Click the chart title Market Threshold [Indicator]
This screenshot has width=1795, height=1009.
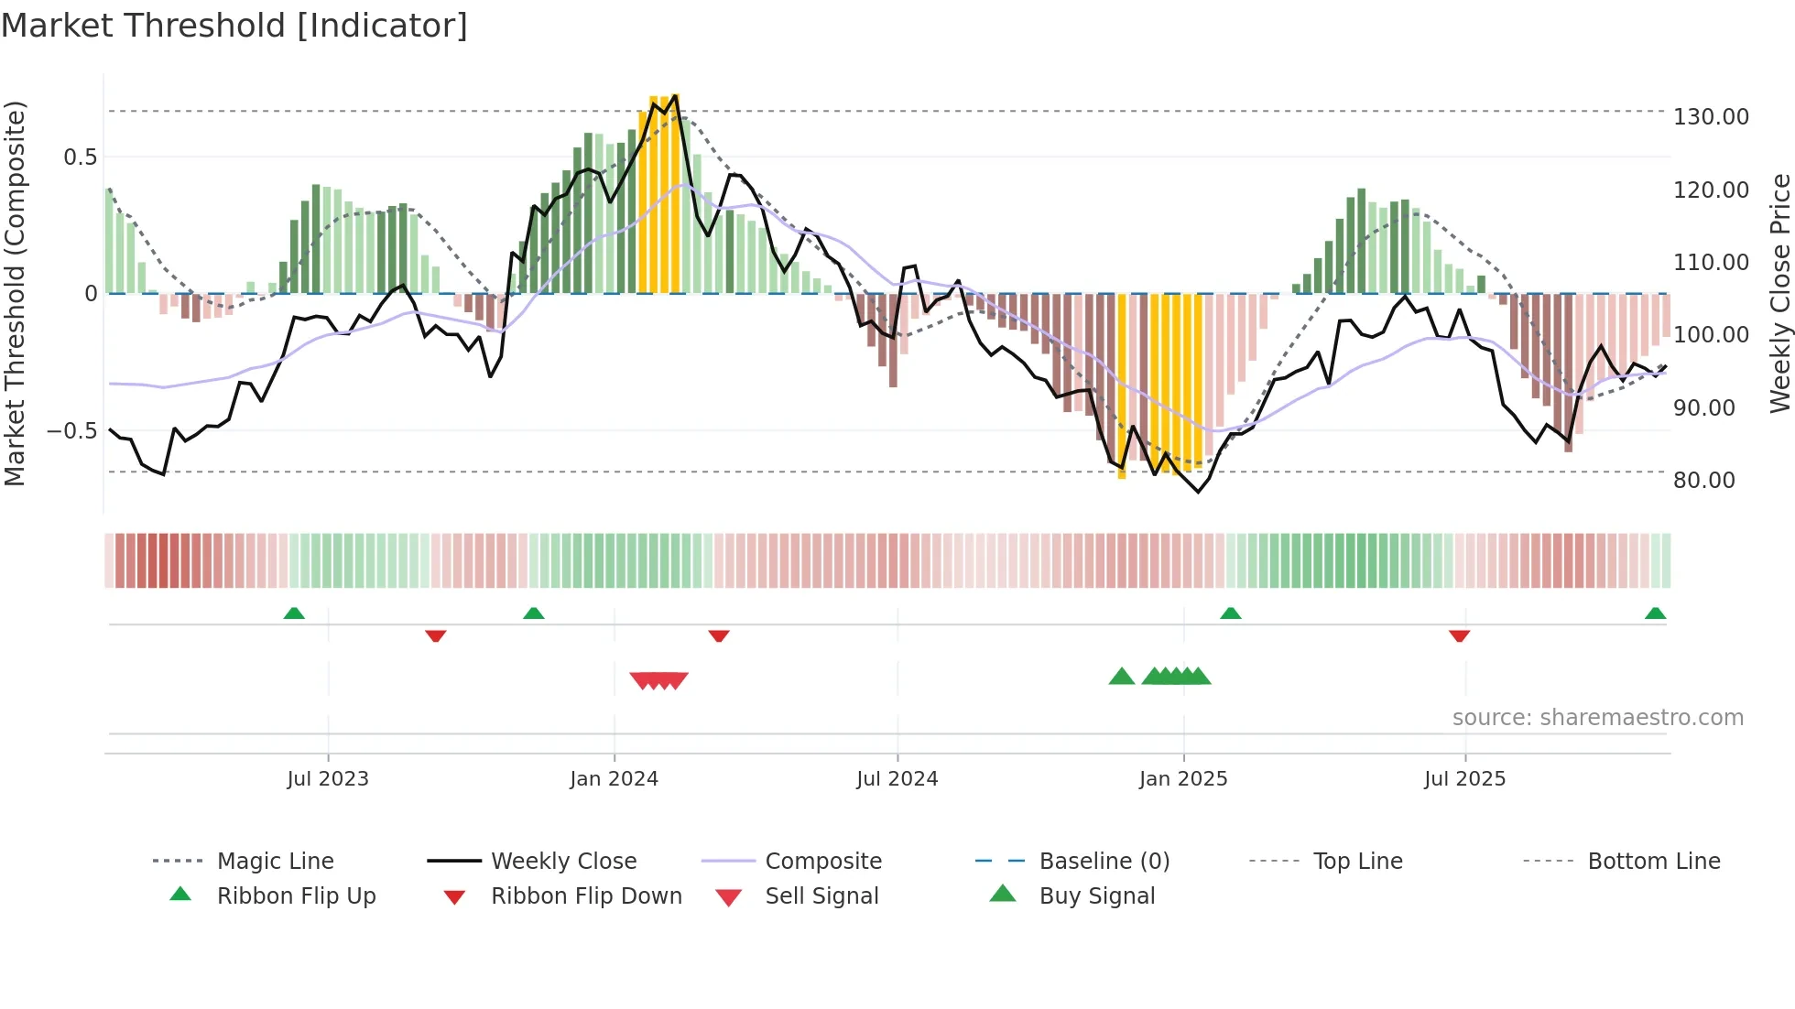[x=234, y=26]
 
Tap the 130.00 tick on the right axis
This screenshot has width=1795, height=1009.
[x=1711, y=117]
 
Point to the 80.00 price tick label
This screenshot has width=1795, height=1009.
[x=1703, y=481]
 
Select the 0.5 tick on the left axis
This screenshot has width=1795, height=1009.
[x=80, y=157]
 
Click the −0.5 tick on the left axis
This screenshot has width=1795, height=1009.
[x=71, y=431]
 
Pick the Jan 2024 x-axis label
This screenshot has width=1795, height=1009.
[x=614, y=779]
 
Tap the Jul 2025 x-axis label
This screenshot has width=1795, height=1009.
[x=1464, y=779]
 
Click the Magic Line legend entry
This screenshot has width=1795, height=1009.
[x=275, y=862]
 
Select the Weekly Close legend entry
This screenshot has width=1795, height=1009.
[x=563, y=862]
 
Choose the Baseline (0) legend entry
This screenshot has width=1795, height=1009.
[x=1104, y=862]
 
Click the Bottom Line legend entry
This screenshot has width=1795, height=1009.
[x=1653, y=862]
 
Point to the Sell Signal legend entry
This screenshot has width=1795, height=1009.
[x=821, y=896]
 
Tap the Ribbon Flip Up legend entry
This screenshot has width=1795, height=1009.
[x=296, y=896]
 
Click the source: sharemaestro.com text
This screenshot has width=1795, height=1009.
[x=1597, y=718]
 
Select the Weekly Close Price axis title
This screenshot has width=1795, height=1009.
[x=1779, y=293]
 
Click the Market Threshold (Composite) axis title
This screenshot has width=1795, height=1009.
[x=15, y=293]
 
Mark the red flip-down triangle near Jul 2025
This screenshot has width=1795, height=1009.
[x=1459, y=635]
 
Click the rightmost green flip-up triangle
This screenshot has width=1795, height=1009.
[x=1655, y=613]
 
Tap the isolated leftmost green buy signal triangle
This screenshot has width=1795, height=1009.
[x=1121, y=677]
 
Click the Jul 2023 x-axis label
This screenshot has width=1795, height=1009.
[x=328, y=779]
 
